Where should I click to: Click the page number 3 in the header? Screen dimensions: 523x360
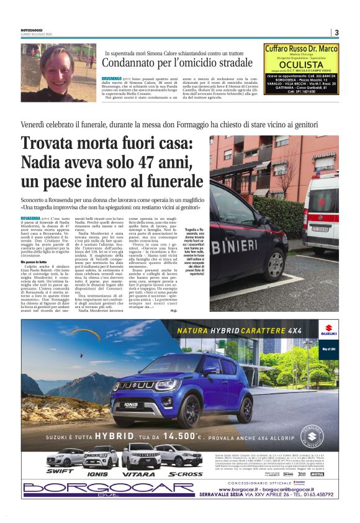point(336,33)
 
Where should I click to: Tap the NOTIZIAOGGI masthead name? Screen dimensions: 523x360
point(34,30)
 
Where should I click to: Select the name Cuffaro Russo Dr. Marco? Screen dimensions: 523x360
point(301,48)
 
